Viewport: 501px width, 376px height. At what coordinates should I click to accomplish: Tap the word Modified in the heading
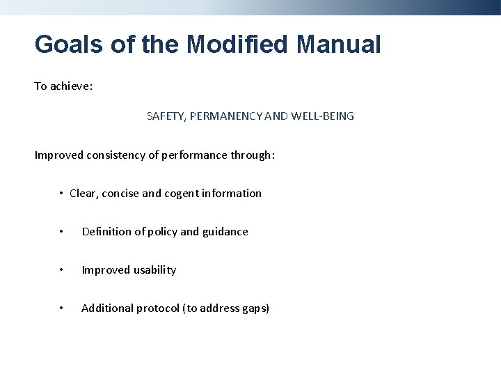click(x=232, y=45)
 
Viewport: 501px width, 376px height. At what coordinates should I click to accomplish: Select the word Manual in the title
click(x=339, y=45)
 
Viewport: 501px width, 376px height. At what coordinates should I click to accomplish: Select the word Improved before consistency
click(x=59, y=155)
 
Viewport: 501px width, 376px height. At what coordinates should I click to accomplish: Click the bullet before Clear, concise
click(x=62, y=194)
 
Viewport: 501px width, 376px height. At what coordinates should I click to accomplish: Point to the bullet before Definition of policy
click(x=62, y=232)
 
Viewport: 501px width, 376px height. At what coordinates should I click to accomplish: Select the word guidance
click(x=225, y=232)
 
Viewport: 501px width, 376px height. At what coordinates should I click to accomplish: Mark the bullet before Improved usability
click(x=62, y=270)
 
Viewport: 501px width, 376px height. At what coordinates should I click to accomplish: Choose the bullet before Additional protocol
click(x=62, y=308)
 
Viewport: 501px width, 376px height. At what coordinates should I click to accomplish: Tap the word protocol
click(x=157, y=308)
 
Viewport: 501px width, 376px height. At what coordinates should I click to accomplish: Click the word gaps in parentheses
click(x=253, y=308)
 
